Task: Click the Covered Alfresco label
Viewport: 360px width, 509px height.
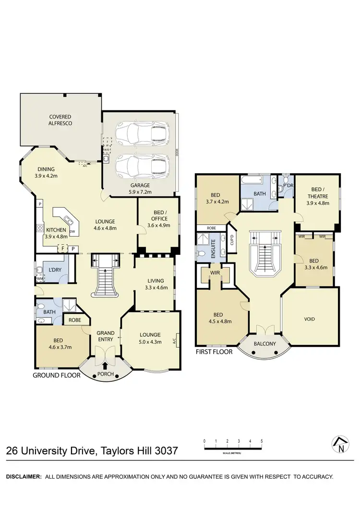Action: click(60, 119)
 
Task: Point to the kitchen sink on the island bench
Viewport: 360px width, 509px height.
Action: click(69, 221)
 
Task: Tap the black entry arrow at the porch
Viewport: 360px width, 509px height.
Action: click(105, 367)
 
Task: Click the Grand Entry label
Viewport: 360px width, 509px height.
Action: click(106, 336)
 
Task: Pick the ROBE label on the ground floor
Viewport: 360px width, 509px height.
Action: click(74, 320)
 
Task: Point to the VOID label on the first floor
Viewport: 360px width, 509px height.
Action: click(310, 319)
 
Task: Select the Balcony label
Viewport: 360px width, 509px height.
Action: click(264, 343)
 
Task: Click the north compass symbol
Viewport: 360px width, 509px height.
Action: click(340, 445)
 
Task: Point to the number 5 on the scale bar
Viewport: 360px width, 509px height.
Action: click(262, 440)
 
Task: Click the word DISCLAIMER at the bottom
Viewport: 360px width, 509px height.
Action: click(23, 477)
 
